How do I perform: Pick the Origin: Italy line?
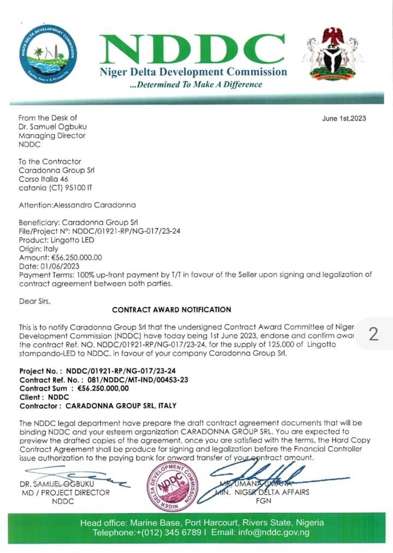pyautogui.click(x=39, y=249)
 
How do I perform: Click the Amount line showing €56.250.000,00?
pyautogui.click(x=61, y=257)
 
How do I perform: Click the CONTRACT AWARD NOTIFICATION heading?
pyautogui.click(x=172, y=309)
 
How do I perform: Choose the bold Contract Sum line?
pyautogui.click(x=74, y=389)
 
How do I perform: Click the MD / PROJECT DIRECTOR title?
pyautogui.click(x=62, y=492)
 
